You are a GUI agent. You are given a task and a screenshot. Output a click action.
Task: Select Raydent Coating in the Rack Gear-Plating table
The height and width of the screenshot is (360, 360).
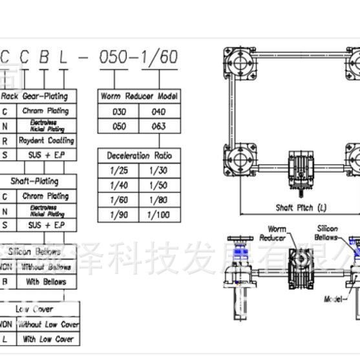pos(47,140)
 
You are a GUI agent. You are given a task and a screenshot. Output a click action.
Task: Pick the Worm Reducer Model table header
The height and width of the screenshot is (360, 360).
pos(139,96)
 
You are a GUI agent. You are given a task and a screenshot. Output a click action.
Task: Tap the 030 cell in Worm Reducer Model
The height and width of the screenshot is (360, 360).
pos(119,111)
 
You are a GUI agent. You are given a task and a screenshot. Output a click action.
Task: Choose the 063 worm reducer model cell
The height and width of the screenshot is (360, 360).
pos(159,126)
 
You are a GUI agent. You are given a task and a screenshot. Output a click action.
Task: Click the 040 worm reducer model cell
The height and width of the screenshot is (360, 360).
pos(159,111)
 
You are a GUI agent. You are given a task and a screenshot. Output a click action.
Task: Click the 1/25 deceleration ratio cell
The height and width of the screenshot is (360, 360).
pos(119,171)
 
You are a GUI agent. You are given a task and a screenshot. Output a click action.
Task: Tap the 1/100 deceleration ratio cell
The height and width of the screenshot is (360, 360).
pos(159,215)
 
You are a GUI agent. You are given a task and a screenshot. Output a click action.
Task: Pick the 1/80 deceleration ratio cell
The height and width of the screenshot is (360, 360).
pos(159,200)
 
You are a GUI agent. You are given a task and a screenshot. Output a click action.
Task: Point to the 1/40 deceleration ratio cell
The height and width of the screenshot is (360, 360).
pos(119,185)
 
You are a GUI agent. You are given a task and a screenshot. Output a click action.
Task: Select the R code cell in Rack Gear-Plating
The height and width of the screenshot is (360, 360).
pos(6,140)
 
